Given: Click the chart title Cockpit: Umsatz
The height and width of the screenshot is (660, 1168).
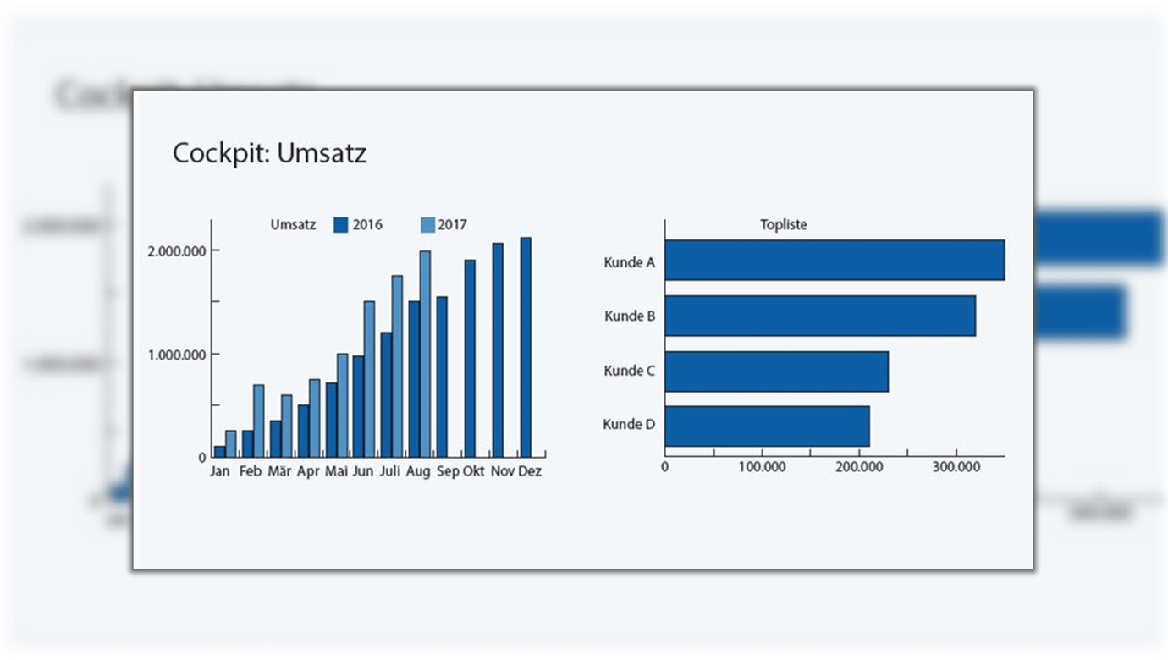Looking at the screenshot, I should [269, 153].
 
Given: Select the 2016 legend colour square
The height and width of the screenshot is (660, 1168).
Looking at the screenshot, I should [341, 225].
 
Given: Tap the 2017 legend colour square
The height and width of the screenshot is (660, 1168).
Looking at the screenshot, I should [427, 225].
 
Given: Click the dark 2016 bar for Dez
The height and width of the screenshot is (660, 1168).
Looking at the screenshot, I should [526, 347].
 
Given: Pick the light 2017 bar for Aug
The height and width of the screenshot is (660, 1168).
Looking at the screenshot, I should [425, 354].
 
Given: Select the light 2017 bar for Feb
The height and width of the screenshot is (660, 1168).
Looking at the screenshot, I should [258, 421].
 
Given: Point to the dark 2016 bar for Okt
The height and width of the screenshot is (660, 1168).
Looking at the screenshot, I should [470, 358].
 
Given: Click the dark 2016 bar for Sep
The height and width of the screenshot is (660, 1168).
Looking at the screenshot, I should [442, 377].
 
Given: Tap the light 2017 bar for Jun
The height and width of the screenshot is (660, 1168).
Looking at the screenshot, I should [369, 379].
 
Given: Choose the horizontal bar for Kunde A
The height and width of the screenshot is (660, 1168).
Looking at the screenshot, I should [835, 260].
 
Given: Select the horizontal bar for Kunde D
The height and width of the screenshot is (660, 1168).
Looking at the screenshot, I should [767, 426].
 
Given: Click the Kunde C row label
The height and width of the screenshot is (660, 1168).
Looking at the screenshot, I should [629, 371].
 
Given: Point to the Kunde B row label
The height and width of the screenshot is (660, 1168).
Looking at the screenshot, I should [630, 316].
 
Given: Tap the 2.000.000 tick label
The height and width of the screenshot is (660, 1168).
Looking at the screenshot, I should [175, 250].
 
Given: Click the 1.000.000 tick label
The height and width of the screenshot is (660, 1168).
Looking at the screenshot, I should [175, 355].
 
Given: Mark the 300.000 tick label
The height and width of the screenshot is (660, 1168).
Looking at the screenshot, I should [956, 466].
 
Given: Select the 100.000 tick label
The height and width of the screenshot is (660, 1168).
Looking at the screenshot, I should [762, 466].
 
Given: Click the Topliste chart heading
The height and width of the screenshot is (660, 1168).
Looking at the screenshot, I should [784, 225].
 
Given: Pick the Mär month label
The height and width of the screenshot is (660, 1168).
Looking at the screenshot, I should [279, 471].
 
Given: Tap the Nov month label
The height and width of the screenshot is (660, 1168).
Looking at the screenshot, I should [503, 471].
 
